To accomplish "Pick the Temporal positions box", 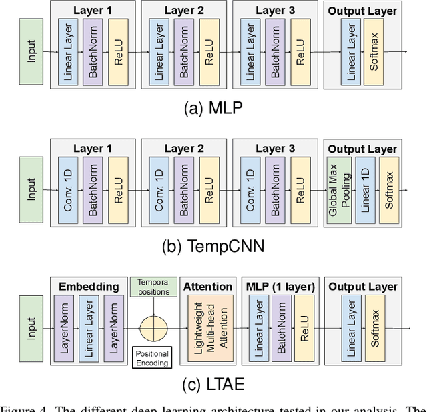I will tap(153, 287).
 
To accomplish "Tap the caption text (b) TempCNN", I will tap(213, 246).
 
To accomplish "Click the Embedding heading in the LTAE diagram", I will tap(89, 287).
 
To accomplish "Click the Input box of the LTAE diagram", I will tap(31, 328).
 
